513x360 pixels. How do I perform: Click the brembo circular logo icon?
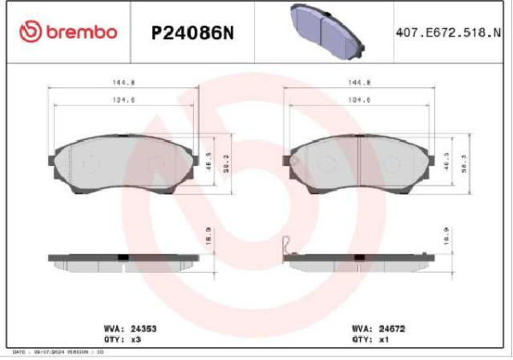click(30, 32)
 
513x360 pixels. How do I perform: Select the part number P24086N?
click(192, 32)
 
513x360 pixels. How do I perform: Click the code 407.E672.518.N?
click(447, 32)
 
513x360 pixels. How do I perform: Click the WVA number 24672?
click(390, 328)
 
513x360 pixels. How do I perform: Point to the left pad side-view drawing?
click(125, 260)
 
